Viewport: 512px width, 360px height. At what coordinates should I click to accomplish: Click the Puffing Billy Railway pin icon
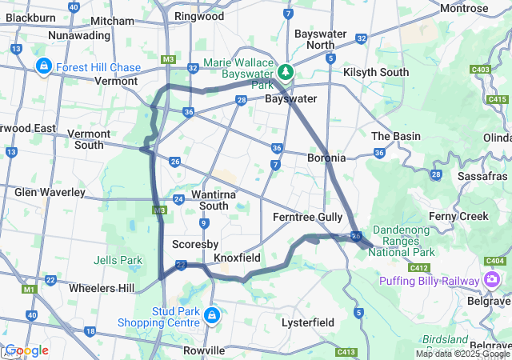pos(492,279)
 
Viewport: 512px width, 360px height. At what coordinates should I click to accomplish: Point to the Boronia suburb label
pos(326,158)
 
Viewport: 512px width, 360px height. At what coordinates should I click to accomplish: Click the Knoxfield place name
pos(237,258)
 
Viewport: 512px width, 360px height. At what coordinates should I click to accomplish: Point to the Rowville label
pos(205,350)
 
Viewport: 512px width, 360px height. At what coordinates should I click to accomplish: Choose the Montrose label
pos(464,8)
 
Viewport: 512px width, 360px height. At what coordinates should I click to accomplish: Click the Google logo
pos(26,350)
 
